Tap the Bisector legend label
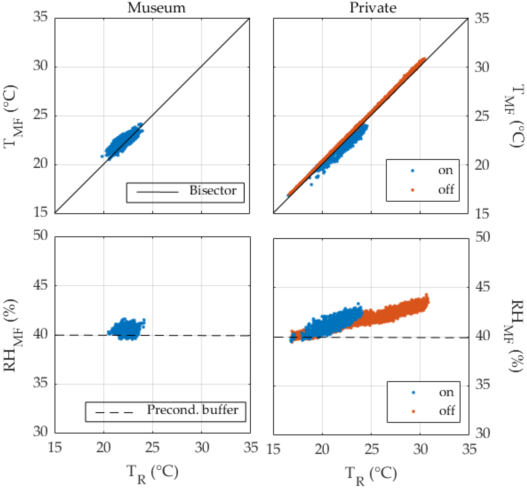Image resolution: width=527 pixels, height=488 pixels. click(213, 190)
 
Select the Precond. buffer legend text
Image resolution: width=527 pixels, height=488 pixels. click(193, 410)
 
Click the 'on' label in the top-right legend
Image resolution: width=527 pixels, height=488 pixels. click(446, 170)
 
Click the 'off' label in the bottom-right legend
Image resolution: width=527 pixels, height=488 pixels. click(447, 411)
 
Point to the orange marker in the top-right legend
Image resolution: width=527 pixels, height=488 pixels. click(413, 190)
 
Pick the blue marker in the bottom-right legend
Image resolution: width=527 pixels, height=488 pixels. click(413, 393)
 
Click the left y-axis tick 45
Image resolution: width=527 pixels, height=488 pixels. click(41, 285)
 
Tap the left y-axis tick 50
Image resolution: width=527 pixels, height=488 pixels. click(41, 235)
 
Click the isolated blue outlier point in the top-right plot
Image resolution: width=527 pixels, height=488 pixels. click(311, 185)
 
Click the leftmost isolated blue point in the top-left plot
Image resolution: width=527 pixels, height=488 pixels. click(102, 156)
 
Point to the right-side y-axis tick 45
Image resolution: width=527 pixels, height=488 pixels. click(482, 287)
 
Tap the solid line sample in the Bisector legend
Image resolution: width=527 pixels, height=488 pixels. click(158, 192)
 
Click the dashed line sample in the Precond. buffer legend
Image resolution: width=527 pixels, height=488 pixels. click(114, 412)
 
